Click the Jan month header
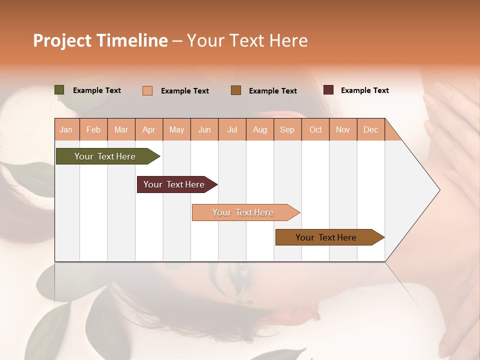point(66,129)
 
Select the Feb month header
point(93,129)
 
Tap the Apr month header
point(149,129)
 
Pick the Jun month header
point(204,129)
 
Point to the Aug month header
point(260,129)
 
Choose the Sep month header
point(287,129)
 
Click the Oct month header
point(315,129)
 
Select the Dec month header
point(371,129)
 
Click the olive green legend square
point(59,90)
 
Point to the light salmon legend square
point(147,90)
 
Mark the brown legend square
point(236,90)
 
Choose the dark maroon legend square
point(328,90)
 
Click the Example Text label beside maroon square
point(364,90)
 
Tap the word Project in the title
point(62,40)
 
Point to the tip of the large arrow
point(438,190)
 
